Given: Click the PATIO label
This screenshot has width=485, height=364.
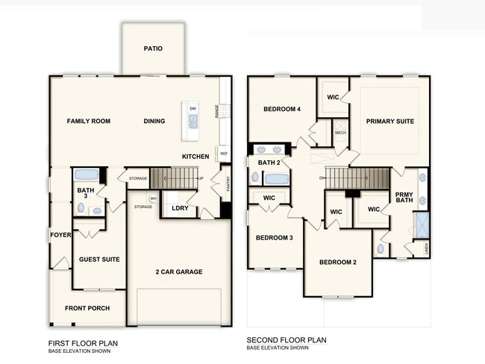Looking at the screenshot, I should tap(153, 49).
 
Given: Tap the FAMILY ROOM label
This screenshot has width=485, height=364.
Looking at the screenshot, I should tap(88, 121).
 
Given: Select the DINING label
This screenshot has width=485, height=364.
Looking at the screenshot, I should tap(154, 121).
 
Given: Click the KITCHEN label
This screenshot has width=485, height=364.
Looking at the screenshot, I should tap(195, 157).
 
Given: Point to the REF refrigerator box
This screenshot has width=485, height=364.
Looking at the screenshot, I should tap(223, 153).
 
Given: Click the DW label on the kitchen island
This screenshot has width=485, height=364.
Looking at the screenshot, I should tap(193, 109).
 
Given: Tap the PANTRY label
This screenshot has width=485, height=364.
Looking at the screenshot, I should tap(227, 183).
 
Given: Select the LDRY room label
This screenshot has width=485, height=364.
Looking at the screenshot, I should tap(179, 208).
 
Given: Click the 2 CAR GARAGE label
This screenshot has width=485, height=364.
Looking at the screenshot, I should tap(179, 272).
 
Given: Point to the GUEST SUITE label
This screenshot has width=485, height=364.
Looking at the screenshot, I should tap(99, 260).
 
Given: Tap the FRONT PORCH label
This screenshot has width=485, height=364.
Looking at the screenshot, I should tap(87, 308).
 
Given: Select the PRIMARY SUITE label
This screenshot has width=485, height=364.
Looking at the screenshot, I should tap(389, 121).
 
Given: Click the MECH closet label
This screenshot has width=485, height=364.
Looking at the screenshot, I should tap(340, 133).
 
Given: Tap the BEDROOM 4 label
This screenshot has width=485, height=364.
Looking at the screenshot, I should tap(282, 109).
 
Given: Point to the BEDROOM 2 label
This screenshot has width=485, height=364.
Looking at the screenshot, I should tap(338, 263).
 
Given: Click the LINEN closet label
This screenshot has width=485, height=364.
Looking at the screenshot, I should tap(426, 247).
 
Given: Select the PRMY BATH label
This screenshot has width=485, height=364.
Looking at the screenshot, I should tap(404, 196).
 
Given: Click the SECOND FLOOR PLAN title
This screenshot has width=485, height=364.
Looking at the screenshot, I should tap(287, 340).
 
